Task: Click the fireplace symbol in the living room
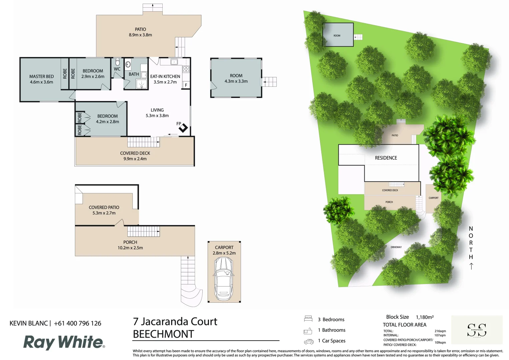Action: [183, 128]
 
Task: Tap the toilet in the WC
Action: [117, 62]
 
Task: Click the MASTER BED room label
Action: [41, 77]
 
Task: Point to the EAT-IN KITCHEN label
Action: [165, 76]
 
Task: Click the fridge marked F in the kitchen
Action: [186, 85]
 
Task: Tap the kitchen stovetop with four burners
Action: [186, 69]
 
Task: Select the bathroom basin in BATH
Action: [128, 64]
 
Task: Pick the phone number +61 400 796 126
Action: [77, 323]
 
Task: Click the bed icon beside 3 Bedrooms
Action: [308, 319]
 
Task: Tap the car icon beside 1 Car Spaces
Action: [309, 341]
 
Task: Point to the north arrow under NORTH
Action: [471, 266]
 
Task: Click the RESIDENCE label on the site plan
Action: [386, 158]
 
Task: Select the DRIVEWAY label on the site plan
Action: [396, 247]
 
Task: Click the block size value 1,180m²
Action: [425, 317]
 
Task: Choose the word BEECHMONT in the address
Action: [163, 334]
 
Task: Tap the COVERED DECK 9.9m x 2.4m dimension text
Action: [135, 159]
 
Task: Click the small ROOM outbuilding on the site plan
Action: [338, 35]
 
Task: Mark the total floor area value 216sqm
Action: [440, 331]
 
